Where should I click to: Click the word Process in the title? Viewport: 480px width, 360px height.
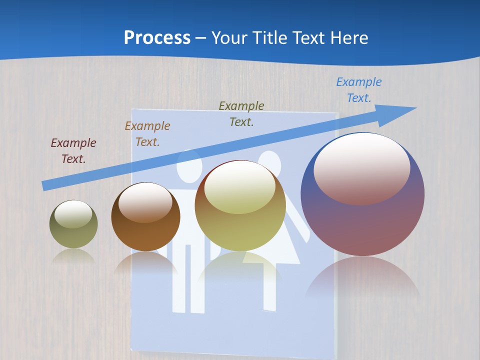157,38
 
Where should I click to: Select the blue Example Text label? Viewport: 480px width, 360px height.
358,90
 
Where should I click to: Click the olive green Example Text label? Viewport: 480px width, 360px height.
241,113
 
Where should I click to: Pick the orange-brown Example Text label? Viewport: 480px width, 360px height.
147,133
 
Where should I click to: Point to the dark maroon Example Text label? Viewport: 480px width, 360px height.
73,150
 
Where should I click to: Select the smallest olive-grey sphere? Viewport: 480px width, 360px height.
73,235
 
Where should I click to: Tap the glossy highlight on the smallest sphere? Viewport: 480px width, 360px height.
73,214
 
